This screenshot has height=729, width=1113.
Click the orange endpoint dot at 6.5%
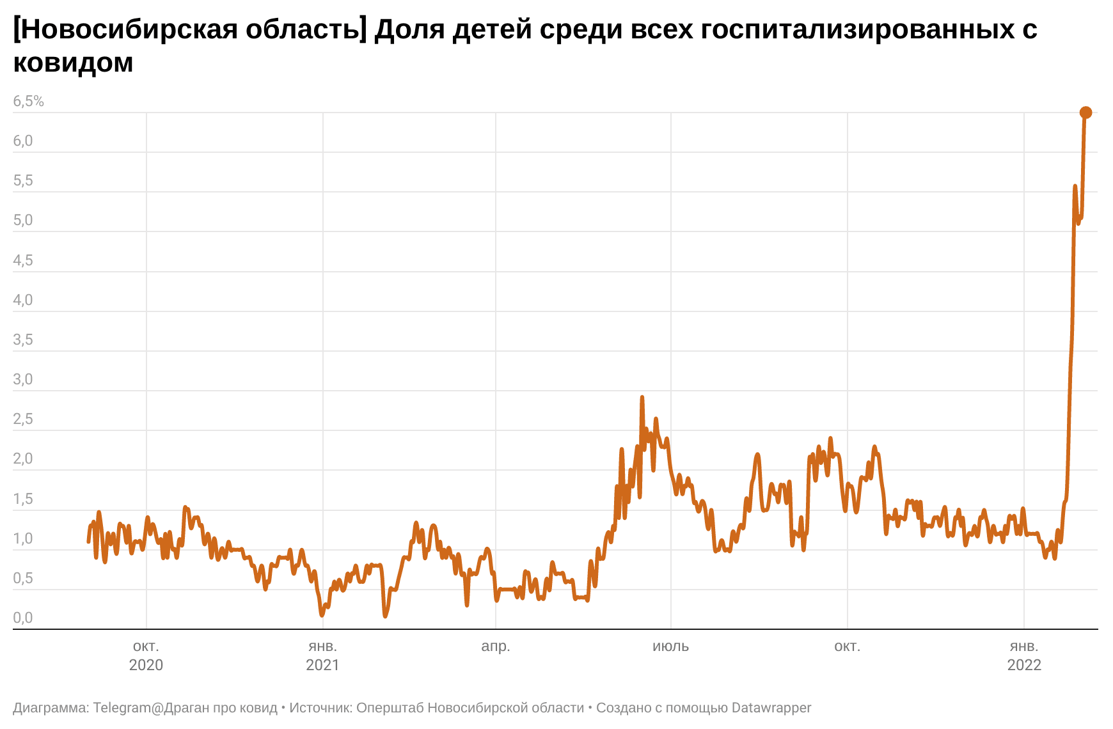click(1085, 113)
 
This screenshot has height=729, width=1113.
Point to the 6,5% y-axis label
click(29, 101)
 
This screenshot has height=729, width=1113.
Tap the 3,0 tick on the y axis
click(23, 379)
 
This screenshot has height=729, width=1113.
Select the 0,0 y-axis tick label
click(23, 618)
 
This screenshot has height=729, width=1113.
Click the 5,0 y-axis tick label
click(23, 221)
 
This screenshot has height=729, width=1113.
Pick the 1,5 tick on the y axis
click(23, 499)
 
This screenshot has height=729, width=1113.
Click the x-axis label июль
click(670, 647)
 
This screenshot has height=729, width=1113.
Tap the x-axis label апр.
click(496, 647)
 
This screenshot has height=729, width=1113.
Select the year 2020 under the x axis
click(146, 665)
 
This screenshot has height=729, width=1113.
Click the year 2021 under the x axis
click(322, 665)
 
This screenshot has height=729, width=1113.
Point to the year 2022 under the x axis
click(1024, 665)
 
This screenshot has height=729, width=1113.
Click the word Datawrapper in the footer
click(771, 708)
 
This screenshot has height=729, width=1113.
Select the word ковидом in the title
click(73, 63)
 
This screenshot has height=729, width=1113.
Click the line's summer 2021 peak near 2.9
click(642, 398)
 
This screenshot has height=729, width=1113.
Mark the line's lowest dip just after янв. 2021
click(322, 615)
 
